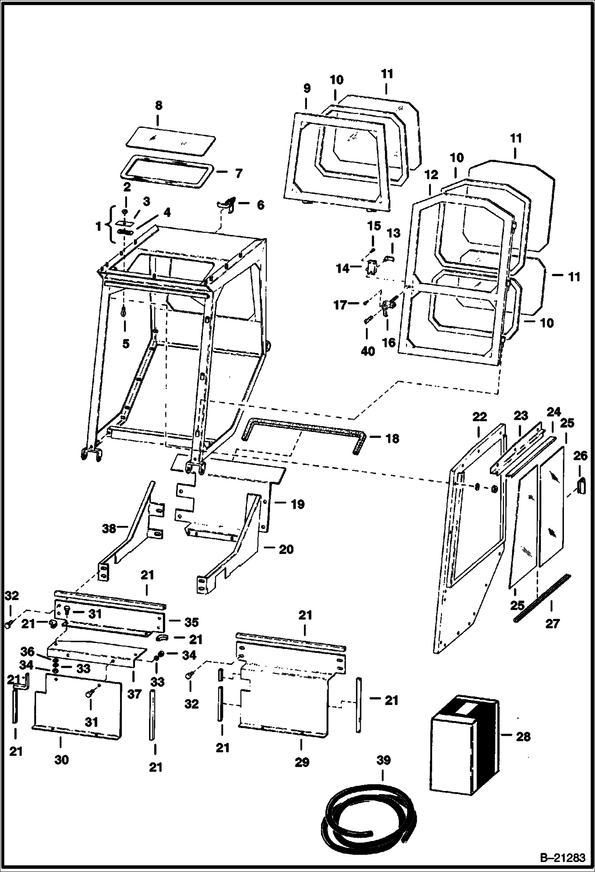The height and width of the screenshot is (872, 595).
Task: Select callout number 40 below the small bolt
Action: point(368,351)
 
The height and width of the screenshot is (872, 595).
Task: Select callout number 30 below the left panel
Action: point(62,760)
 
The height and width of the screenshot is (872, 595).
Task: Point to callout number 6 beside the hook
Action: point(260,205)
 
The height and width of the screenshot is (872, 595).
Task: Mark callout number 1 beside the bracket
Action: point(98,227)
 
